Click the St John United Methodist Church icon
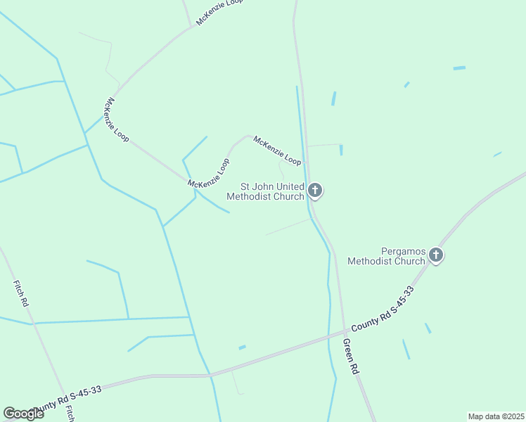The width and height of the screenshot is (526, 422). [315, 189]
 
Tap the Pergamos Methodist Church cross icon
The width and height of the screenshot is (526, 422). [436, 255]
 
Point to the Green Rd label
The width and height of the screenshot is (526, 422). [351, 357]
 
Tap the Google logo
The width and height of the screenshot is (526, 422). [23, 414]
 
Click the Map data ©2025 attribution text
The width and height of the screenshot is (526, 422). [495, 416]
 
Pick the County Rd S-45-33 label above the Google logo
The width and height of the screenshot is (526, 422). [68, 398]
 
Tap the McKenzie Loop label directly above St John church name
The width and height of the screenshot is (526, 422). [277, 151]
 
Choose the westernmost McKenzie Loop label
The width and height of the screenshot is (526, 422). [115, 120]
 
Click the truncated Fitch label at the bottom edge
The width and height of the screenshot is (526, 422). [70, 414]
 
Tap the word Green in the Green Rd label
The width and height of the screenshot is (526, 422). [348, 350]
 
